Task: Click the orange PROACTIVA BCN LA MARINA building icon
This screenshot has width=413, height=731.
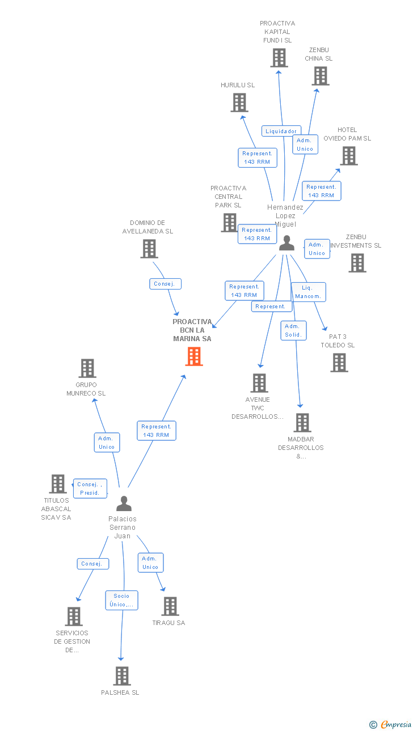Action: (194, 356)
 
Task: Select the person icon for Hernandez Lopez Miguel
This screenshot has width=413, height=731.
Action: (287, 243)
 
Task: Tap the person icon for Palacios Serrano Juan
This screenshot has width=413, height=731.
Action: (124, 504)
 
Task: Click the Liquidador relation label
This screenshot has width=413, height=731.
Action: (281, 131)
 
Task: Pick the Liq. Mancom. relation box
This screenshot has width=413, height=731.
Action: (309, 292)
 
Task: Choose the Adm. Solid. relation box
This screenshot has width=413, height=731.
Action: (293, 330)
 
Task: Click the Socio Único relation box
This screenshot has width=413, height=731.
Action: (121, 600)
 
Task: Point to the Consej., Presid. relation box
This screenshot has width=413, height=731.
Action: (90, 488)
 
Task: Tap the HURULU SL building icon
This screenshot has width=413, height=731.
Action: (239, 103)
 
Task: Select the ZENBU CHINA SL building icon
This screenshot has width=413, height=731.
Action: (321, 76)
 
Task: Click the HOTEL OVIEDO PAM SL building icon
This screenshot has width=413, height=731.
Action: (349, 156)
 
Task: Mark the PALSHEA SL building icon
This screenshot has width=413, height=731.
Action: (122, 676)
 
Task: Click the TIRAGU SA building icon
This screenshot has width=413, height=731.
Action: (170, 606)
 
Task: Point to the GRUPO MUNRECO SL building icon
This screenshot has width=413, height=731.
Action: (87, 368)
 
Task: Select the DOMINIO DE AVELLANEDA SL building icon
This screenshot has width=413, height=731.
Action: (149, 249)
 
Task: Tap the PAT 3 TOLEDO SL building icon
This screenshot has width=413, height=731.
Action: (339, 363)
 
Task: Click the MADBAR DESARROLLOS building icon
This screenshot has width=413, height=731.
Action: (302, 423)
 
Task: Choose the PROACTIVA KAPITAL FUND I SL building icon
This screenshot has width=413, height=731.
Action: (279, 58)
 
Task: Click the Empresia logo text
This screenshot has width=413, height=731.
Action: (396, 724)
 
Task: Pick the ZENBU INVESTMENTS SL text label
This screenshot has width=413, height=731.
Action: (356, 241)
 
